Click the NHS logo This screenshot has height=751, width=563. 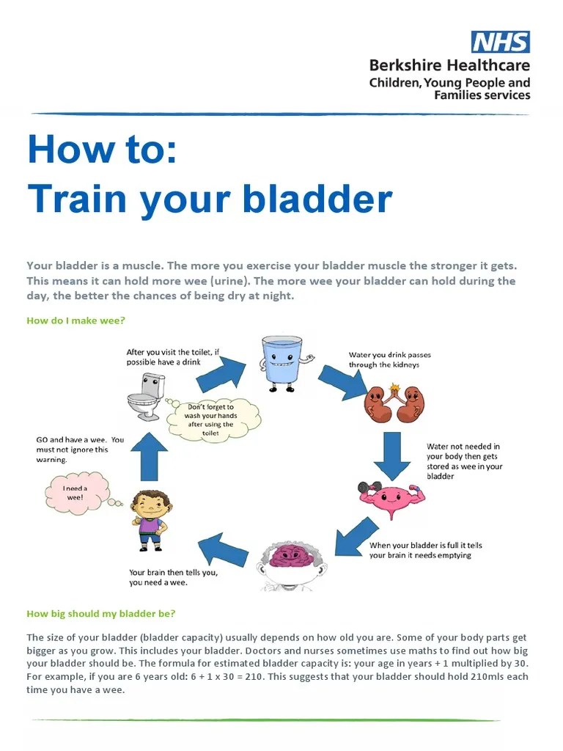[x=501, y=41]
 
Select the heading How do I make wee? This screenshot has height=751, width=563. [x=76, y=320]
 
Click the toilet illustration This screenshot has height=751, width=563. [x=145, y=397]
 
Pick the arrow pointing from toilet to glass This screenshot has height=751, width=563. [x=218, y=374]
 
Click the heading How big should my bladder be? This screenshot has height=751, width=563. [x=101, y=613]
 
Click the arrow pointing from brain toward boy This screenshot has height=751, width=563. [x=223, y=549]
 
